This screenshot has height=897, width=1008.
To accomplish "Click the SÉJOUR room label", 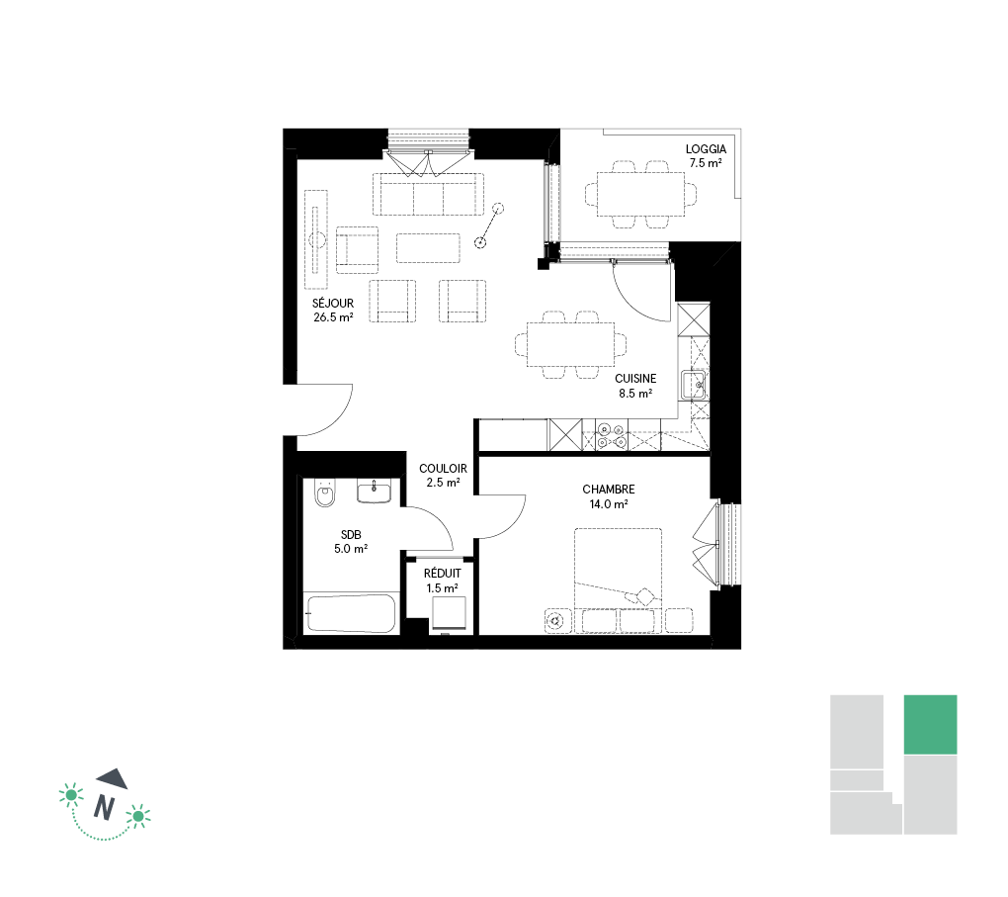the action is pyautogui.click(x=333, y=303).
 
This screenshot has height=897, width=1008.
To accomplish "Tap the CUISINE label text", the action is pyautogui.click(x=635, y=379).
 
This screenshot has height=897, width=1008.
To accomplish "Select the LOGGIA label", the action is pyautogui.click(x=706, y=149).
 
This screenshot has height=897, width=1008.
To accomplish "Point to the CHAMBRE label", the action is pyautogui.click(x=608, y=490).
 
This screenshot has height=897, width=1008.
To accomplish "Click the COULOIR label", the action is pyautogui.click(x=443, y=469).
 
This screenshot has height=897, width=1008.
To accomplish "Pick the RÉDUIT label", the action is pyautogui.click(x=443, y=574).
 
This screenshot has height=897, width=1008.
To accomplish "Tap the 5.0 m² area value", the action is pyautogui.click(x=351, y=549).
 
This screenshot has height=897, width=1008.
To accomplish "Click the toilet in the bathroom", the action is pyautogui.click(x=325, y=493).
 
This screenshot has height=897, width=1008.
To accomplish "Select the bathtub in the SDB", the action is pyautogui.click(x=351, y=614).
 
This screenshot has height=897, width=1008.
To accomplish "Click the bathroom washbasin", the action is pyautogui.click(x=374, y=492).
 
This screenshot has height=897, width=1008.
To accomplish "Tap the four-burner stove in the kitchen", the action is pyautogui.click(x=611, y=435).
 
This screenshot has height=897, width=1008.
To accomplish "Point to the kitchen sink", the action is pyautogui.click(x=695, y=386).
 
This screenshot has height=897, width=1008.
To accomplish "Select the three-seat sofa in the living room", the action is pyautogui.click(x=428, y=194).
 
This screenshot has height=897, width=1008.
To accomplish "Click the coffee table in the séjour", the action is pyautogui.click(x=428, y=248).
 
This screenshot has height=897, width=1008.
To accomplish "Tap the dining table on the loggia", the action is pyautogui.click(x=641, y=194).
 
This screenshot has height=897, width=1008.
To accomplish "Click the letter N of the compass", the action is pyautogui.click(x=104, y=807).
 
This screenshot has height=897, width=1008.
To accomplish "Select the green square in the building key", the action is pyautogui.click(x=930, y=725).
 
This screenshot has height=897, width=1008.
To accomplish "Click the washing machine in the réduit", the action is pyautogui.click(x=449, y=613).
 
